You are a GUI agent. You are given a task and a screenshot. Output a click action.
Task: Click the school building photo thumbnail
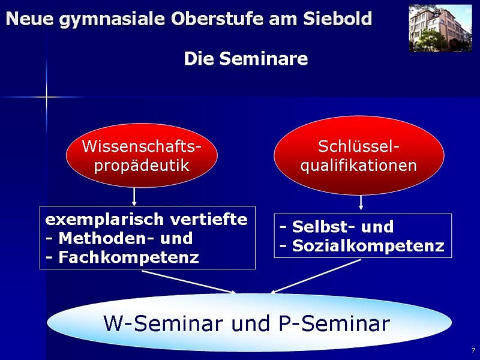(440, 28)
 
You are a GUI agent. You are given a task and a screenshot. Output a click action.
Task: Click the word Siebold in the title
(337, 19)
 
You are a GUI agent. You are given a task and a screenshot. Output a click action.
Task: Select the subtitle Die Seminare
(246, 58)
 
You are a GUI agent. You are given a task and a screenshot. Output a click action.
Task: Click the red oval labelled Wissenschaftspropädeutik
(142, 155)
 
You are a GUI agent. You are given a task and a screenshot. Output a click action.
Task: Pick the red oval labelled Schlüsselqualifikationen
(359, 155)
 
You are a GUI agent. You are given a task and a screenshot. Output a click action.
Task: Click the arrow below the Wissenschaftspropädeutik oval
(134, 197)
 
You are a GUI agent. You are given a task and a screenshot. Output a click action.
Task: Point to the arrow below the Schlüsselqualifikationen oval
(361, 203)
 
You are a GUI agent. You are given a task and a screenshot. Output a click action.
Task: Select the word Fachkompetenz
(128, 257)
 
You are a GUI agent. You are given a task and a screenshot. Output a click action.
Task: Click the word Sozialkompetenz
(368, 245)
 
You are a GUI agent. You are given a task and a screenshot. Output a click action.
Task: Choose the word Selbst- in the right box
(323, 227)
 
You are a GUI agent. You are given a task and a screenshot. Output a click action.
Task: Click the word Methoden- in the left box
(106, 238)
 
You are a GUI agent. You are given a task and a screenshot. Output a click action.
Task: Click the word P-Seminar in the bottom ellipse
(334, 323)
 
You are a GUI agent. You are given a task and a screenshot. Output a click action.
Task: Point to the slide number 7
(473, 350)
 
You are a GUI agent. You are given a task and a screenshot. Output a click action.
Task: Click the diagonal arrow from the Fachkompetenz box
(189, 282)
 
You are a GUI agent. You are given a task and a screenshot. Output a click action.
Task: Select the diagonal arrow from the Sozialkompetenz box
(316, 277)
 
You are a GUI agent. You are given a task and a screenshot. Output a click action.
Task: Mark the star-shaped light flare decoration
(46, 97)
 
